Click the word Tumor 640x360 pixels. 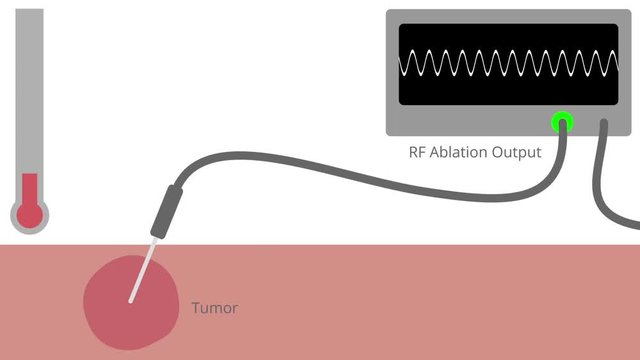[214, 308]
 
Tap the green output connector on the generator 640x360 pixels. [562, 123]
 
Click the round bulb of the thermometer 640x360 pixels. [30, 213]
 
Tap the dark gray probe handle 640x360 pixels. [164, 212]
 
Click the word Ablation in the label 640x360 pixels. [459, 153]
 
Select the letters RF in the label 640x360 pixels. [418, 153]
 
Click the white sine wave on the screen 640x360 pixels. [508, 64]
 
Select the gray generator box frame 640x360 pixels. [508, 17]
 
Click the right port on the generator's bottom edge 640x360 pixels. [605, 124]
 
